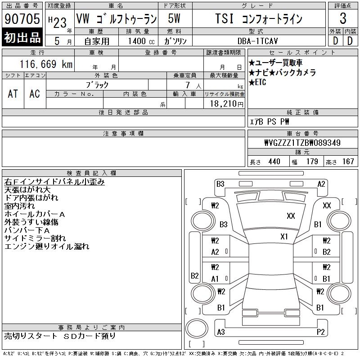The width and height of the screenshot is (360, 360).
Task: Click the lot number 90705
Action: tap(22, 18)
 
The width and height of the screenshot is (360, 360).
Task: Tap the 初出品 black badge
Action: tap(22, 37)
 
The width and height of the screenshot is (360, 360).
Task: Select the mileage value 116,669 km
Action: tap(46, 64)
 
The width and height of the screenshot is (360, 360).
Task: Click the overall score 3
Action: tap(343, 18)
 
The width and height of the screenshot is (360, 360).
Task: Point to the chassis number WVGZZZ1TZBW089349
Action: tap(302, 143)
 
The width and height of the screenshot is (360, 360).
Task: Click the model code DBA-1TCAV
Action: tap(257, 41)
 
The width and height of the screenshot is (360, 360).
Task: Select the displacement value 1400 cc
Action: tap(141, 41)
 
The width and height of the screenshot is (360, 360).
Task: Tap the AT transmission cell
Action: tap(13, 94)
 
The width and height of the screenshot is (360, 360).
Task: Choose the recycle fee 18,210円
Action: tap(227, 104)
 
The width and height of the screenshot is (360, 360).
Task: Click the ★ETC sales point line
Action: tap(257, 82)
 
